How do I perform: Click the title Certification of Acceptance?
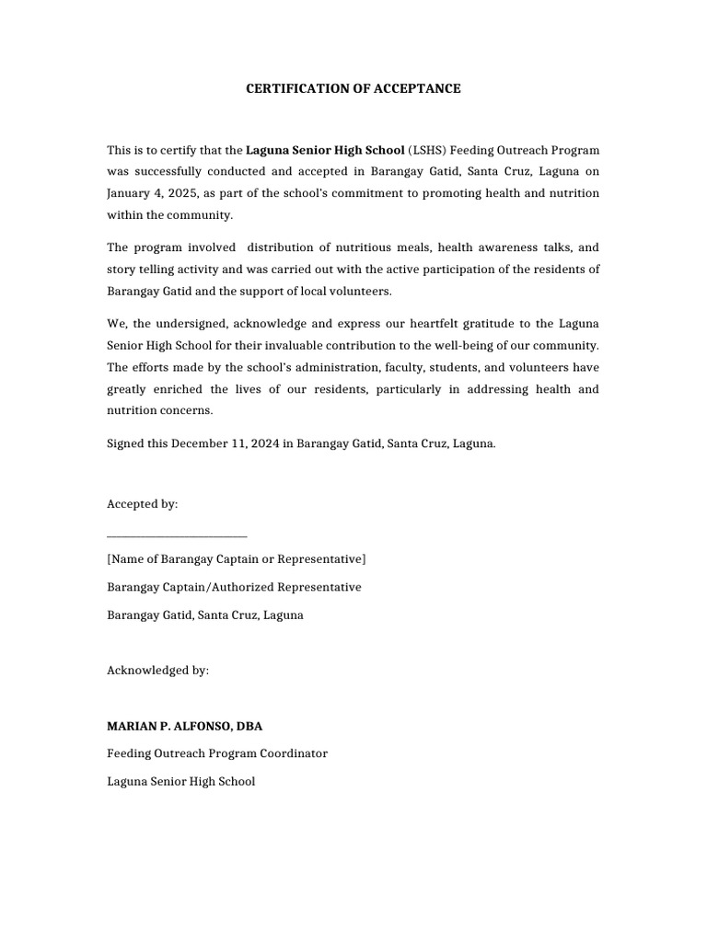[353, 89]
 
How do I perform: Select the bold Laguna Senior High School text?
[325, 150]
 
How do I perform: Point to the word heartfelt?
[417, 324]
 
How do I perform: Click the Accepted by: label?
[143, 504]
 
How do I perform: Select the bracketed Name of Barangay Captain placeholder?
[236, 559]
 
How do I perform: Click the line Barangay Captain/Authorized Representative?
[234, 587]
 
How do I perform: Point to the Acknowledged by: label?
[157, 671]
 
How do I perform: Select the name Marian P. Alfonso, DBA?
[184, 726]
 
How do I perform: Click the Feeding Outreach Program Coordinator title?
[217, 753]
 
